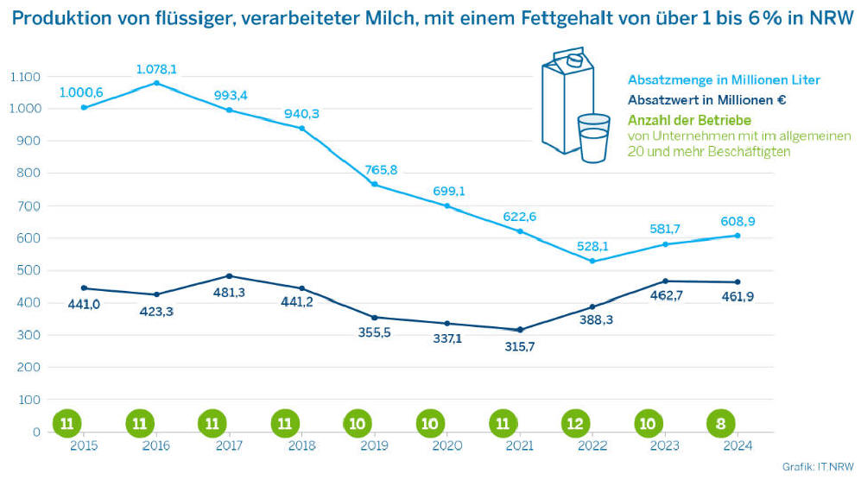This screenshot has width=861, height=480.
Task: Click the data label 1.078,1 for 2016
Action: coord(156,69)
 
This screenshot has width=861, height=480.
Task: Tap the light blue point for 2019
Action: coord(375,185)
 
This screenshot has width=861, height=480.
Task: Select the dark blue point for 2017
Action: coord(229,276)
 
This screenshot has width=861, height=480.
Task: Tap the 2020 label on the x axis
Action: coord(447,445)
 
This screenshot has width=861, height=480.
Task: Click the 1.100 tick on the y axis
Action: coord(26,77)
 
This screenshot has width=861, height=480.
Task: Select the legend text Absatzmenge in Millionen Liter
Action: coord(724,80)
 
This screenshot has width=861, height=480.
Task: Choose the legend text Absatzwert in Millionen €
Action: coord(706,100)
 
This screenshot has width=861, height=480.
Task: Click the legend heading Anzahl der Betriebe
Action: coord(689,120)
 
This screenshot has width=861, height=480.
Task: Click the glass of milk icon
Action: coord(593,137)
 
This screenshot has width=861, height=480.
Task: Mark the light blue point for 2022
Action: coord(592,261)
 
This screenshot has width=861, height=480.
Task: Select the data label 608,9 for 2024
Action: coord(738,223)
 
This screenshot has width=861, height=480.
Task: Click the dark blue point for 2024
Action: coord(738,282)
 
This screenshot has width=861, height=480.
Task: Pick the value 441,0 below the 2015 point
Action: coord(83,304)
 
